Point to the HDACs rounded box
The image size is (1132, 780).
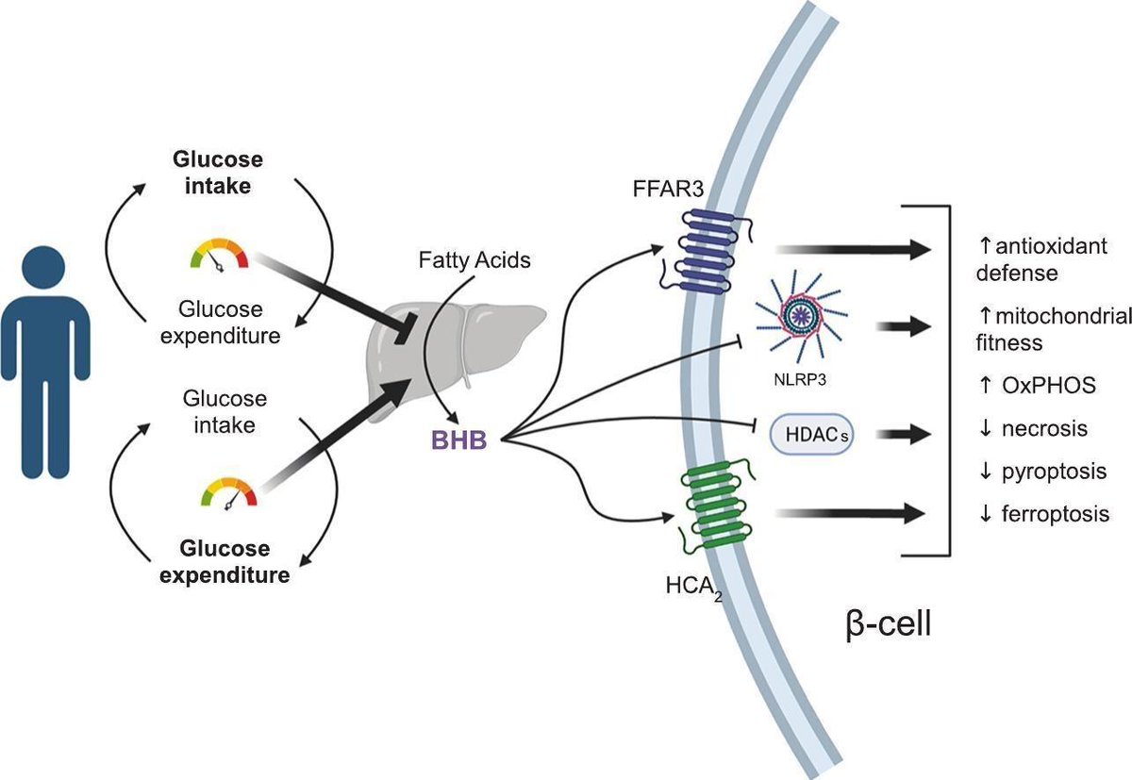point(812,435)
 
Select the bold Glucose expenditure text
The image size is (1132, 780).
point(231,560)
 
